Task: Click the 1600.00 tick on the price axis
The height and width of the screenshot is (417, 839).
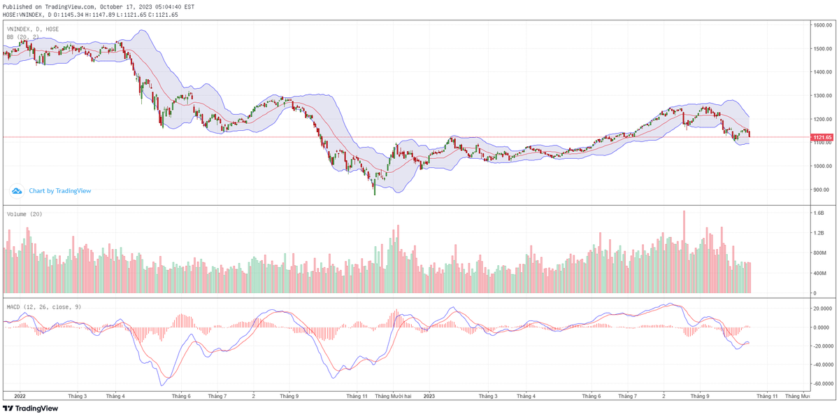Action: tap(822, 25)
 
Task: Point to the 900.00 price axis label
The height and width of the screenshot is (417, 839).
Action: tap(822, 190)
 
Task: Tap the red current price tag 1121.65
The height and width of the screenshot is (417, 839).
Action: tap(822, 137)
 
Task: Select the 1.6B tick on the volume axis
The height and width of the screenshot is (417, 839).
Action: tap(819, 213)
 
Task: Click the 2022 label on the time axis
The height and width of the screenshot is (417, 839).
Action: tap(20, 396)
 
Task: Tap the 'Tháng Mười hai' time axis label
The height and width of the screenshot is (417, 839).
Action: tap(393, 396)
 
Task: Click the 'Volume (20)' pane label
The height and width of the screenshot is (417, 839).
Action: tap(24, 214)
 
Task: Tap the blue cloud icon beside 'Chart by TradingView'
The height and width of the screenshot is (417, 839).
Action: tap(17, 190)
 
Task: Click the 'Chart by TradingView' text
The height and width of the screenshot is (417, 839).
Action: tap(59, 190)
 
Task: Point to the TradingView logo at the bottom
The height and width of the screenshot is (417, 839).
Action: tap(31, 408)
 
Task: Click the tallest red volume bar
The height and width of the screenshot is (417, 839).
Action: tap(684, 252)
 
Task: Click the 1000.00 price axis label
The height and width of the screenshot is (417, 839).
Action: tap(822, 166)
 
